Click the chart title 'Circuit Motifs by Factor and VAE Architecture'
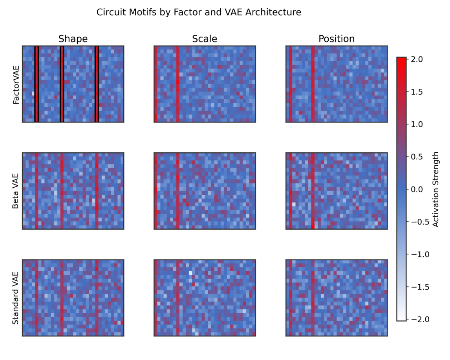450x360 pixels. click(x=199, y=13)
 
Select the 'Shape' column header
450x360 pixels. click(x=73, y=39)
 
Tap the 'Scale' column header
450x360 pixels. click(x=204, y=39)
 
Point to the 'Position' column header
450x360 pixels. click(x=336, y=39)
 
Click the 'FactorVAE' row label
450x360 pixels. click(x=16, y=84)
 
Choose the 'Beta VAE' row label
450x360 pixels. click(x=16, y=191)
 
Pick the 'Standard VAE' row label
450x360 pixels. click(x=16, y=298)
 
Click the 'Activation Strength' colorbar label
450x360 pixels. click(x=435, y=189)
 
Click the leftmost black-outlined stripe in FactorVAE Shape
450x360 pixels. click(x=37, y=84)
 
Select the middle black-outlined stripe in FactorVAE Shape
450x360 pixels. click(x=62, y=84)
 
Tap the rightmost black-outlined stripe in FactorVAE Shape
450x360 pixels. click(x=97, y=84)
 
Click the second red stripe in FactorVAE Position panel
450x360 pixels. click(x=313, y=84)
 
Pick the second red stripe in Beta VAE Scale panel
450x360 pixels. click(x=178, y=191)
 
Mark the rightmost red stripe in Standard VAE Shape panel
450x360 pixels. click(x=97, y=298)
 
